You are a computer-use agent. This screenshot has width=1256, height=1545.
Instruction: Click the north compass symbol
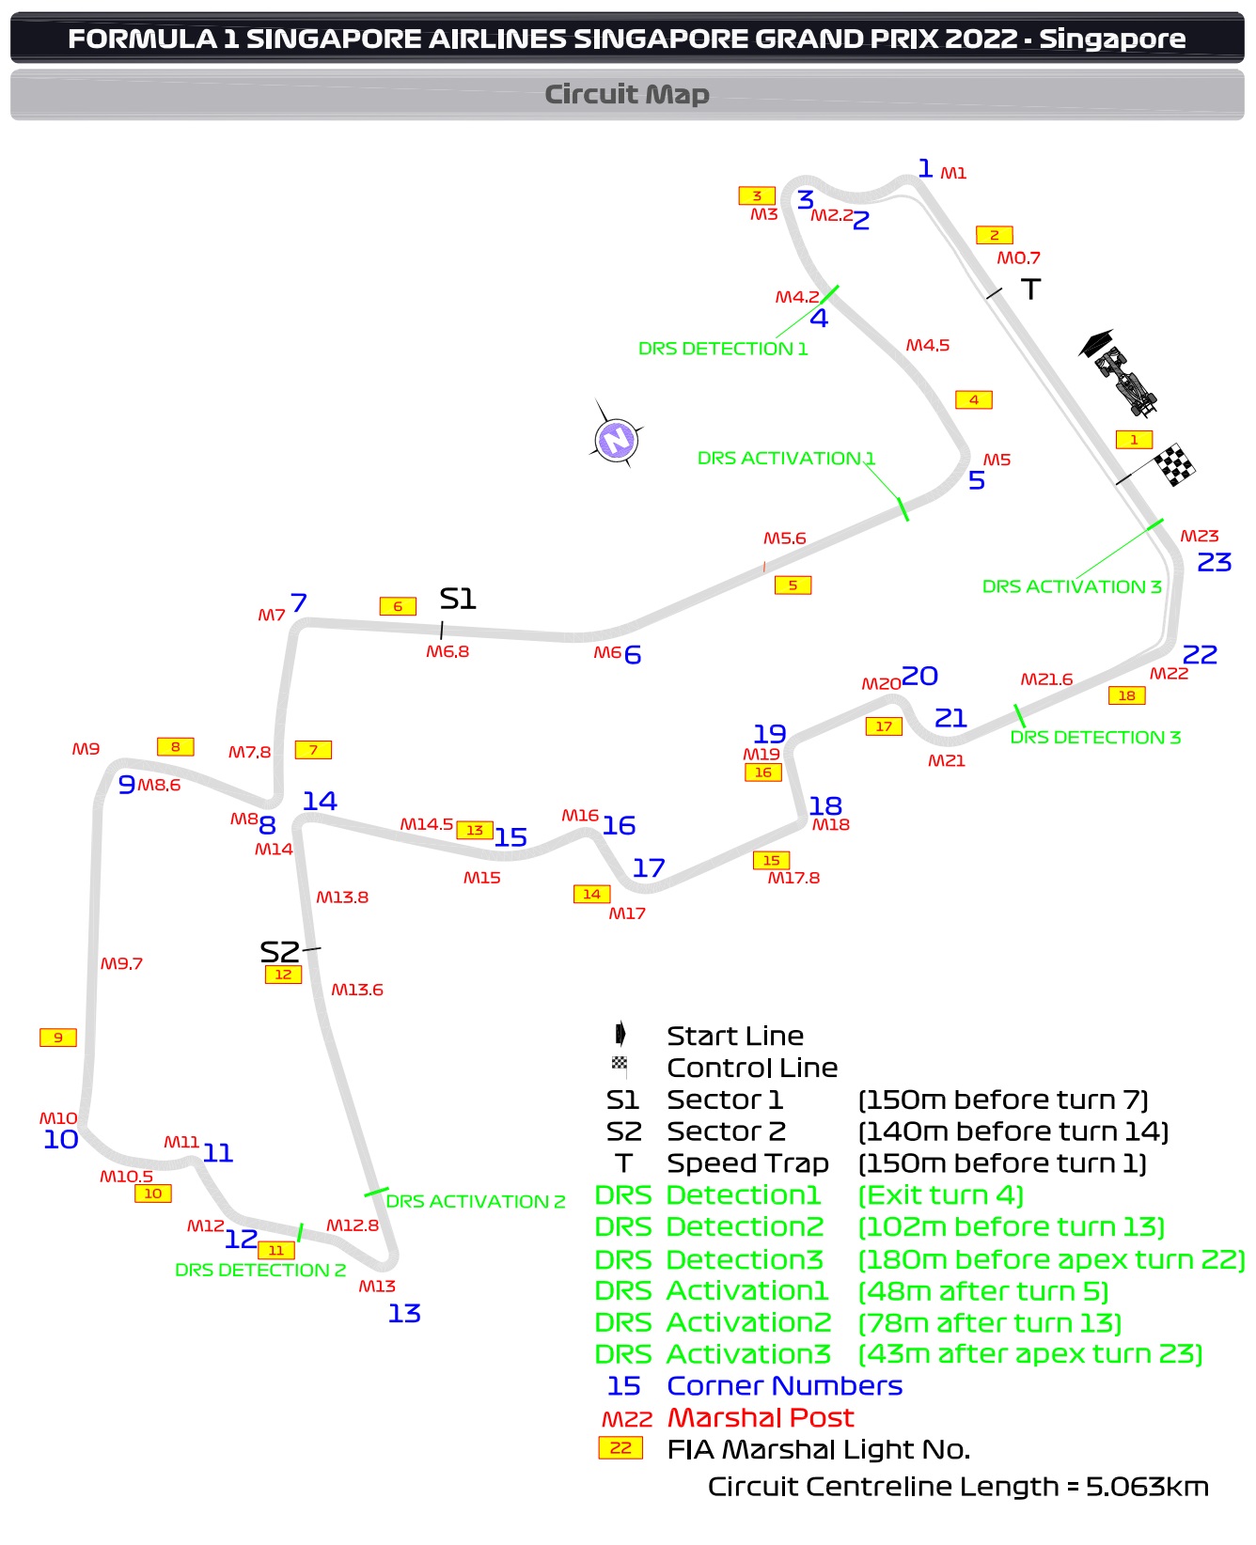616,439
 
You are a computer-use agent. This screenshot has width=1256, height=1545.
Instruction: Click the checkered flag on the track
1173,464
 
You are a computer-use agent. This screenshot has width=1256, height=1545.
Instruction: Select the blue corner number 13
404,1313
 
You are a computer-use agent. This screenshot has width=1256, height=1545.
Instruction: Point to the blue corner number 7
299,602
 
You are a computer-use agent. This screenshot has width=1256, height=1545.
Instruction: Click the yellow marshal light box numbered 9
58,1038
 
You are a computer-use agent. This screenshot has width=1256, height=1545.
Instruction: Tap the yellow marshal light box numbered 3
757,195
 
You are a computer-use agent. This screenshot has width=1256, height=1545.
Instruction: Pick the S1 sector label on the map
458,599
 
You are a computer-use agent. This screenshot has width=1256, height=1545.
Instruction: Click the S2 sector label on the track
279,951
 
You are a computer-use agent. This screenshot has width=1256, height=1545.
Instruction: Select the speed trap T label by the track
1031,289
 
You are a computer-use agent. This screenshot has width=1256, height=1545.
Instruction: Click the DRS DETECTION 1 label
722,349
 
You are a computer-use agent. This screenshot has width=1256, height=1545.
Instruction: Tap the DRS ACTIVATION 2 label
476,1201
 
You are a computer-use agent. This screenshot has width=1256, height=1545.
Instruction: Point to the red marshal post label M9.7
122,963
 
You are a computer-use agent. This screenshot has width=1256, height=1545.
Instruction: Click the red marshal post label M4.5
927,345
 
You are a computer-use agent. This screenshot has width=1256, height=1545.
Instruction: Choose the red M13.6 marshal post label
357,990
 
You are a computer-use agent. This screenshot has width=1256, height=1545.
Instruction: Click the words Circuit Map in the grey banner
627,94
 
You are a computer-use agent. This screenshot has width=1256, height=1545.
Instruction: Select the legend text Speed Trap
747,1163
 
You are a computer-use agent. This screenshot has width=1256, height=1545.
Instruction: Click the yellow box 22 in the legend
620,1448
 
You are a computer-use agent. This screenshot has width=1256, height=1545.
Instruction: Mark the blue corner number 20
919,676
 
